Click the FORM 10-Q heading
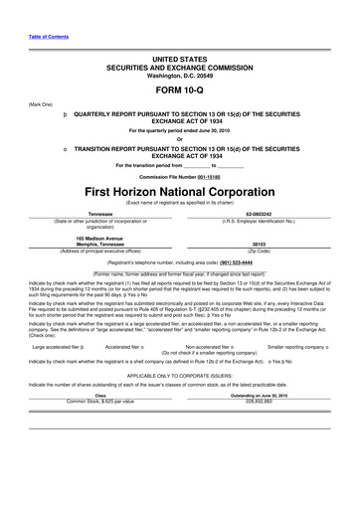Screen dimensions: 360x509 pyautogui.click(x=179, y=87)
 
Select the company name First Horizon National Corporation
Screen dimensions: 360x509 pyautogui.click(x=179, y=189)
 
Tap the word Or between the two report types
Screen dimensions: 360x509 pyautogui.click(x=179, y=137)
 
